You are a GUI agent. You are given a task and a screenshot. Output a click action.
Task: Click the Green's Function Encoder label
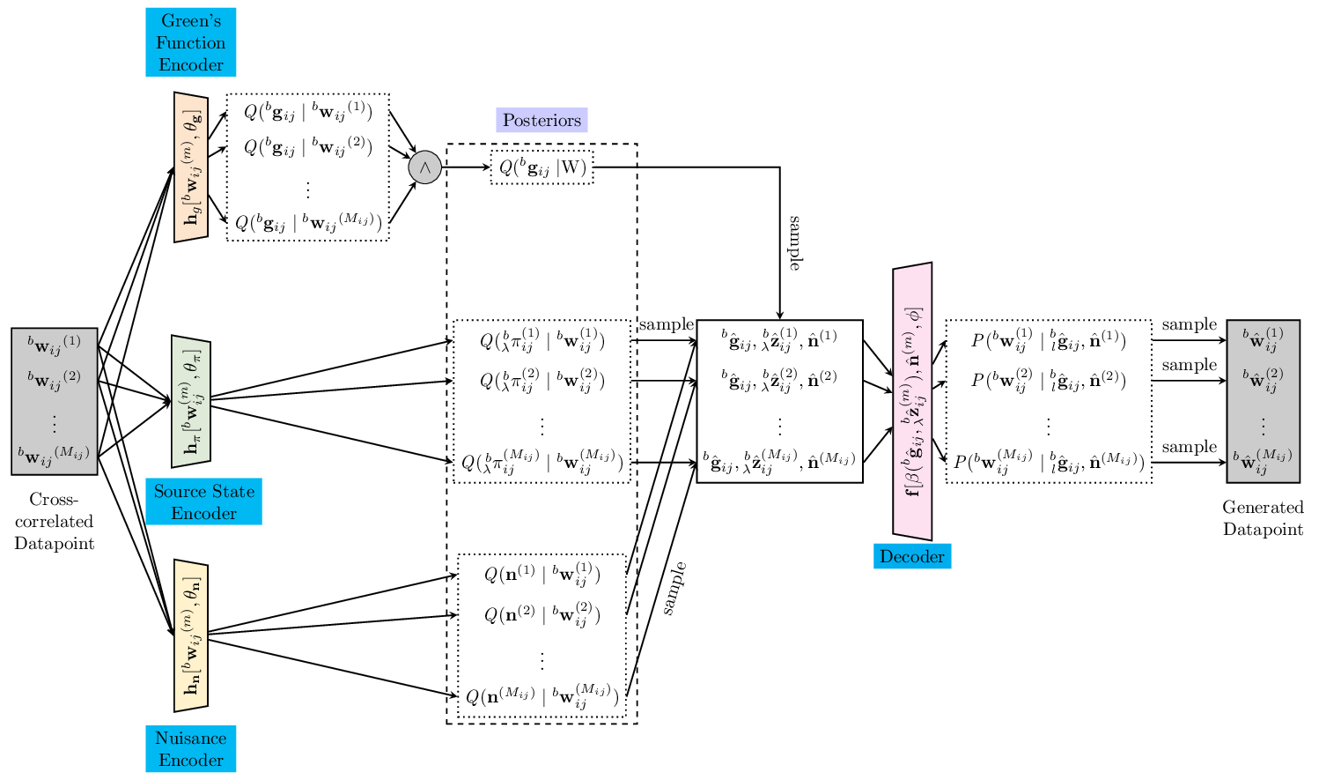190,42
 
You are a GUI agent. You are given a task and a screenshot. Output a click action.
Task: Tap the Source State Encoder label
203,501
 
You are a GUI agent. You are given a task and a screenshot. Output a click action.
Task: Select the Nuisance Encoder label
190,748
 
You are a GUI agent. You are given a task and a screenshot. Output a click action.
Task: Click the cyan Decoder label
911,556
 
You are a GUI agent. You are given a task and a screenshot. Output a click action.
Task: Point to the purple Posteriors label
542,120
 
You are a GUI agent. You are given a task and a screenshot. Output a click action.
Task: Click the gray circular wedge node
424,167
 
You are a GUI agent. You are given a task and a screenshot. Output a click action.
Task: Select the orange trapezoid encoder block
191,167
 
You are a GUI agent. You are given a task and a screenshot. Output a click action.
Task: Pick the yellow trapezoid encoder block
191,635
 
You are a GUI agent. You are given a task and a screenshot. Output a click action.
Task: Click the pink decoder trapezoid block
912,402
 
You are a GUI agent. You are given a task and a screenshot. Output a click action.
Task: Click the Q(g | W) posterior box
542,167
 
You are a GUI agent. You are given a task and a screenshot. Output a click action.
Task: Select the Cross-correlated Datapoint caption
54,521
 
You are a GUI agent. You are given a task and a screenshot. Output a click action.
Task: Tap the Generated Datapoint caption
1262,518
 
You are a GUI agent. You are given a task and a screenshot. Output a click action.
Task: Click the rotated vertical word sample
794,242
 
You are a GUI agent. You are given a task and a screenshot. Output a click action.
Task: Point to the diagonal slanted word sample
674,589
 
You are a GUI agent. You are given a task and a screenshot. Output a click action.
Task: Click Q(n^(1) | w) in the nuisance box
542,576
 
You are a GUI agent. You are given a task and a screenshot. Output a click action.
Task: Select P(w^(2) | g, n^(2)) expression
1048,381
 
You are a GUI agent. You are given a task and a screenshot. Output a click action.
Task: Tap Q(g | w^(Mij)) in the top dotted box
307,223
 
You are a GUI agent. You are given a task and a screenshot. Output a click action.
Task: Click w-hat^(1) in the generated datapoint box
1263,340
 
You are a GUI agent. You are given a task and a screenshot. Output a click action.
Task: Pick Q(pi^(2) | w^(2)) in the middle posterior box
542,381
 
